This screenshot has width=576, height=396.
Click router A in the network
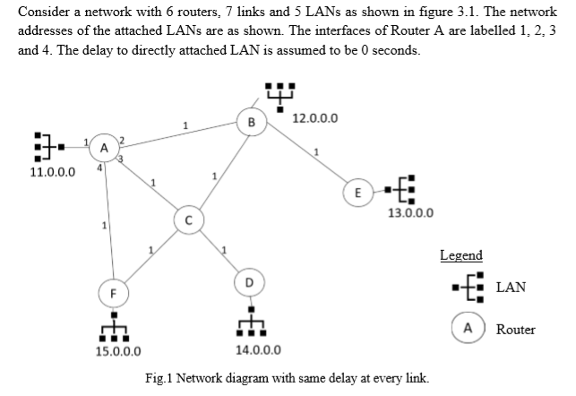tap(105, 148)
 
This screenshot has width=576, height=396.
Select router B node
tap(252, 121)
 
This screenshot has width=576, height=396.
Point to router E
tap(357, 192)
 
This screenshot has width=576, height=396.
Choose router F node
tap(113, 291)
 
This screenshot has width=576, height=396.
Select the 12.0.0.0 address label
tap(315, 118)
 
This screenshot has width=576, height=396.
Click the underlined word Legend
tap(461, 255)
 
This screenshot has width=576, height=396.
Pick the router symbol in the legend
tap(467, 328)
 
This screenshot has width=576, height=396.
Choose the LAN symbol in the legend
tap(469, 288)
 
